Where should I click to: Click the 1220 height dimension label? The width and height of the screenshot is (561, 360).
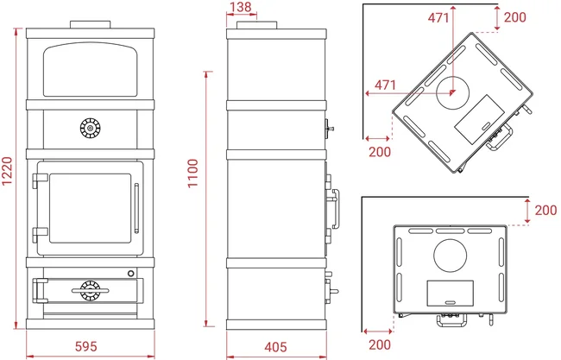tap(7, 171)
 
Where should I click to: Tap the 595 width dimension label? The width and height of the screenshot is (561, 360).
tap(85, 346)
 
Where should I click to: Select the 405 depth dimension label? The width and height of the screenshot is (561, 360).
tap(275, 347)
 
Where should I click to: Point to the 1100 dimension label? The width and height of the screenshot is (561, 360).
tap(192, 174)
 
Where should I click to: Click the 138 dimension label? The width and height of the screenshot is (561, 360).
tap(241, 7)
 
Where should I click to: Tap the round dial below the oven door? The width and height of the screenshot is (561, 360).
tap(90, 128)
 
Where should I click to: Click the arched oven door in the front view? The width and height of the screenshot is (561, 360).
tap(90, 69)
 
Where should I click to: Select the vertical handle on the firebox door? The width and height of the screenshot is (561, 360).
tap(136, 208)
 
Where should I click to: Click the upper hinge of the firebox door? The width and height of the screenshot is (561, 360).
tap(40, 180)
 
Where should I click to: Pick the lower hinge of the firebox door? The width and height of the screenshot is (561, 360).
tap(40, 235)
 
